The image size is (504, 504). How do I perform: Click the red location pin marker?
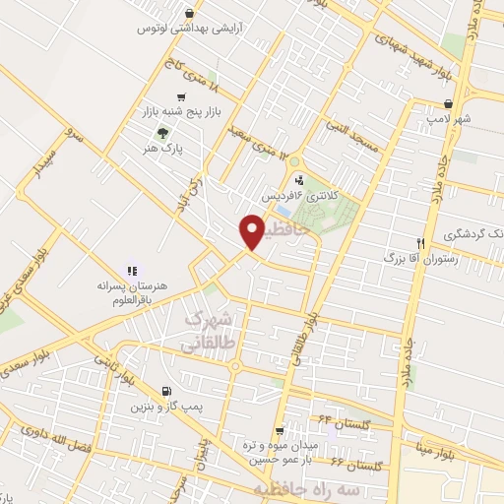[x=251, y=233]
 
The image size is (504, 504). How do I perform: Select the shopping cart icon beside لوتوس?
[x=145, y=30]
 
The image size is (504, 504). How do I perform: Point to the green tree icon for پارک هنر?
[x=163, y=133]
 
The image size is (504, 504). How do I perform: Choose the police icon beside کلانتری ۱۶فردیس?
[x=298, y=180]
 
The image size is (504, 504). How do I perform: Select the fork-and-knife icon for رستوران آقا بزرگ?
[x=420, y=242]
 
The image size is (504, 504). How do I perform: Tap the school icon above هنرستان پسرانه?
[x=130, y=270]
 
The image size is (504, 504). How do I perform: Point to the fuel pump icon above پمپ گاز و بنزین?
[x=164, y=390]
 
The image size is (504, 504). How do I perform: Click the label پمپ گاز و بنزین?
[x=165, y=406]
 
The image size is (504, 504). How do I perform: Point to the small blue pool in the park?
[x=283, y=211]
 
